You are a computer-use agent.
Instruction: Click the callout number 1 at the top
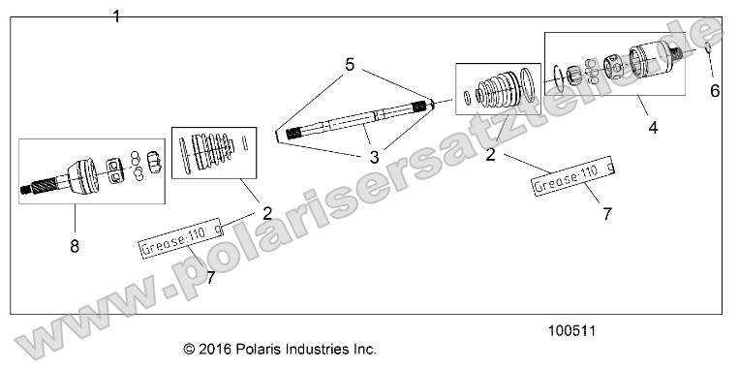pos(117,16)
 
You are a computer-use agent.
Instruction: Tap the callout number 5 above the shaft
pos(350,66)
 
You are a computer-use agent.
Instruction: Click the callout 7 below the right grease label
pos(607,215)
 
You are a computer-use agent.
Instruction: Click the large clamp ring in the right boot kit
pos(528,87)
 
